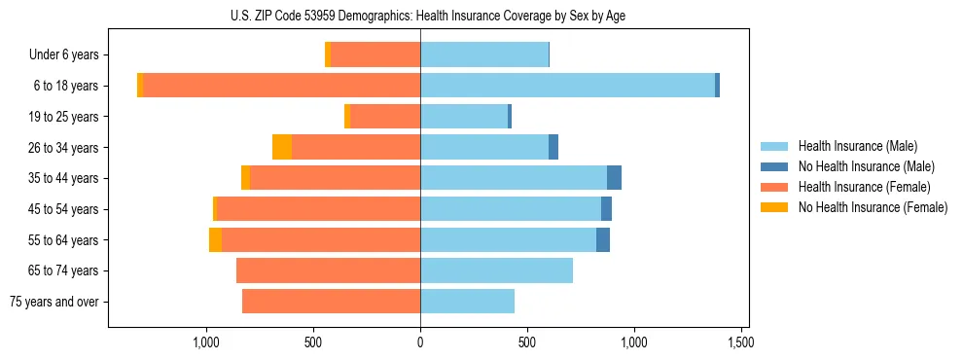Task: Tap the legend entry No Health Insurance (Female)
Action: pos(873,207)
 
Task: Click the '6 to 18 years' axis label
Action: pos(66,86)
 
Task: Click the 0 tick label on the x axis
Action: pos(420,342)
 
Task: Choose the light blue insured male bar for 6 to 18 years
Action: pos(567,86)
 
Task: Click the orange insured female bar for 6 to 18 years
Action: pos(282,86)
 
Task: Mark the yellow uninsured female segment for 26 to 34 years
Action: pos(282,147)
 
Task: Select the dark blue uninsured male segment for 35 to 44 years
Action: pos(614,178)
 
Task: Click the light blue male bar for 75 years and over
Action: pos(467,302)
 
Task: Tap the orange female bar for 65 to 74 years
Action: pos(328,270)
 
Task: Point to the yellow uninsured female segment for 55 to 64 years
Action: pos(215,239)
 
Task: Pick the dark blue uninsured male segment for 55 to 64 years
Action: pos(603,239)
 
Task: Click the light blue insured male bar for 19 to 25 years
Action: pos(464,117)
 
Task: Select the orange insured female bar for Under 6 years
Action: pos(375,55)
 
